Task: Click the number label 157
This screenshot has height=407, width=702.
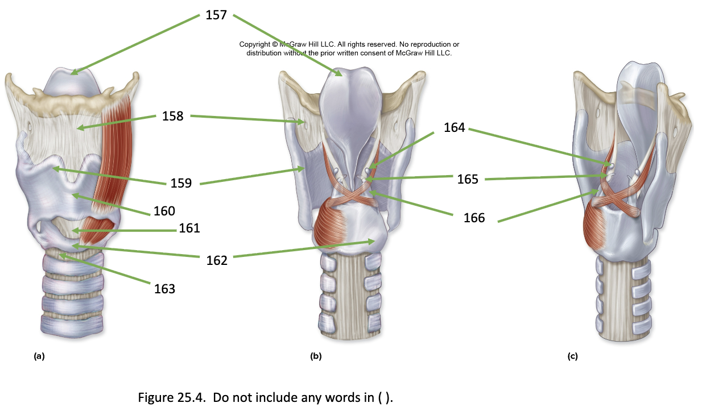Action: click(216, 15)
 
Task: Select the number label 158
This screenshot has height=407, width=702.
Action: click(172, 116)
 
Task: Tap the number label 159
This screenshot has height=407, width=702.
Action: click(181, 183)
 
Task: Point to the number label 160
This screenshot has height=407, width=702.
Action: click(164, 211)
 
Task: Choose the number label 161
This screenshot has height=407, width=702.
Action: click(189, 229)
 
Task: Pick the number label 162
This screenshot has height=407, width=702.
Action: click(217, 260)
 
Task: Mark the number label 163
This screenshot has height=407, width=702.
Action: click(164, 289)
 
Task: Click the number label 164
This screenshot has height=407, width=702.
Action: click(455, 127)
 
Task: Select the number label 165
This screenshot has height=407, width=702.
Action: click(468, 179)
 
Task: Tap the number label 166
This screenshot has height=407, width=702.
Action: click(474, 218)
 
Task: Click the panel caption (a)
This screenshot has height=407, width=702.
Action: click(39, 356)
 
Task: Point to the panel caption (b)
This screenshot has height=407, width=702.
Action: click(316, 356)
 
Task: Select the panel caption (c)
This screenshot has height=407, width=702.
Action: click(572, 356)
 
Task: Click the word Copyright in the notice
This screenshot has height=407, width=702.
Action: click(255, 44)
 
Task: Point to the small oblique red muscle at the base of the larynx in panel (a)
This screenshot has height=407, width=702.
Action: click(97, 230)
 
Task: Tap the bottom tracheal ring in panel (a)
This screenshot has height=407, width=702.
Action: click(72, 326)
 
